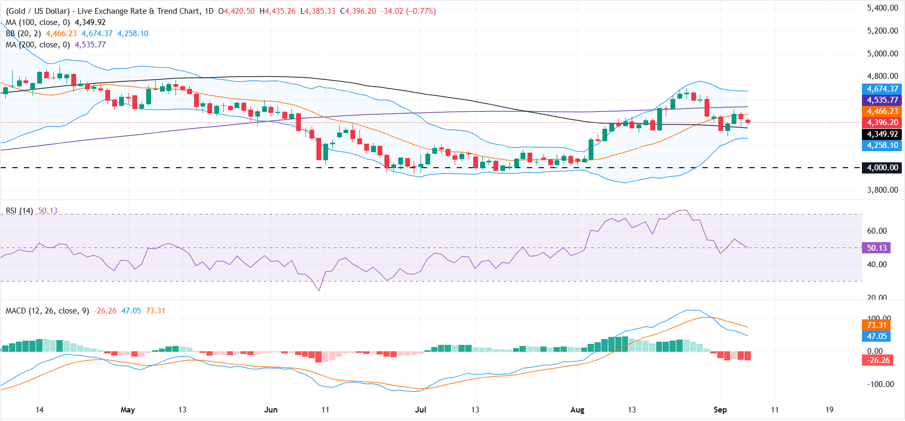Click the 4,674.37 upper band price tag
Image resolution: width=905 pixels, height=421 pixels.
882,88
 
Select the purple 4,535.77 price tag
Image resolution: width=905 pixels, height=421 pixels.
882,100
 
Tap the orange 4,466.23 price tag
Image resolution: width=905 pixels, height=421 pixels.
882,111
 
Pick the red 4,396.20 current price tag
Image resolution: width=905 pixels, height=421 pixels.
882,122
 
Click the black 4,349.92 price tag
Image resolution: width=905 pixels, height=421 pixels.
882,134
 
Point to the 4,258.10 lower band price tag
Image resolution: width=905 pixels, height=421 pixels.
882,145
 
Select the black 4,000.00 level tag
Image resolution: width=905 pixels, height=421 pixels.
882,168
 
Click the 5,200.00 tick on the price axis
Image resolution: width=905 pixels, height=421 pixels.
883,31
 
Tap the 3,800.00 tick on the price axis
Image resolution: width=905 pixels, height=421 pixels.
883,190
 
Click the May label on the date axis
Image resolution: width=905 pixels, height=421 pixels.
128,410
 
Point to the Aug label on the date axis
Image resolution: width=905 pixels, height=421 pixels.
577,410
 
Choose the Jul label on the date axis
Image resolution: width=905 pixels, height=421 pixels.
421,410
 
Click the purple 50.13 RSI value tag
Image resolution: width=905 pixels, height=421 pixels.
876,248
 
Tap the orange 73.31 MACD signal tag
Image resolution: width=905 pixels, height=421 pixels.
876,325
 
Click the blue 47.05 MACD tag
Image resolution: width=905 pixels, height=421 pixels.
876,336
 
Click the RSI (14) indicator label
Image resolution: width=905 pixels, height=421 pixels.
19,211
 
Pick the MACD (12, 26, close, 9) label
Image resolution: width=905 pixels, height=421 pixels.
47,311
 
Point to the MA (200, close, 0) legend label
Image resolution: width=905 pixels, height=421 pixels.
38,45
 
